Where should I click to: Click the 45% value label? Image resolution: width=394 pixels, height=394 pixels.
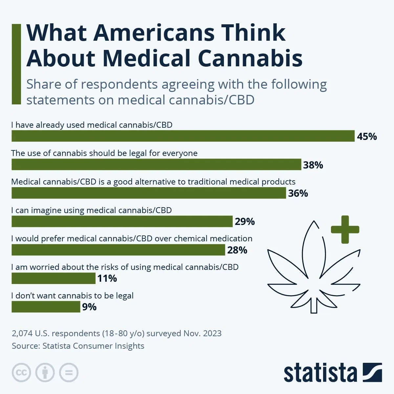tap(367, 136)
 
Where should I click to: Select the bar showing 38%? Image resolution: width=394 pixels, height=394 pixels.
tap(156, 164)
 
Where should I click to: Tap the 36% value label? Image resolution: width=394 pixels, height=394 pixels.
tap(298, 193)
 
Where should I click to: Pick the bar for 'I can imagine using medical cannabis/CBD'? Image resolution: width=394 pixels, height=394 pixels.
tap(122, 222)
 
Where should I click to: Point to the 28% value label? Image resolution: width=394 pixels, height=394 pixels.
tap(237, 250)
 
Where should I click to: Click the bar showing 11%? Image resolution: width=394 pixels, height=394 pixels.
tap(54, 278)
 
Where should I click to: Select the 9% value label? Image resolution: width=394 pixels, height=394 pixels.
tap(89, 307)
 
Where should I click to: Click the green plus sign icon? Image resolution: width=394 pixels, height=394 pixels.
tap(345, 230)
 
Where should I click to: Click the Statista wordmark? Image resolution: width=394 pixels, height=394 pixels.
tap(320, 373)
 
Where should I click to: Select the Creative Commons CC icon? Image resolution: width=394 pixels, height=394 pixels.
tap(21, 373)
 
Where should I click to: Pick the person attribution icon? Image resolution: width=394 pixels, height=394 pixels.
tap(45, 373)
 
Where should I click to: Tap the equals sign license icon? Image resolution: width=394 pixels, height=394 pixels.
tap(69, 373)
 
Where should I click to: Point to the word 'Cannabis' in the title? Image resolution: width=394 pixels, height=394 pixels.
tap(250, 58)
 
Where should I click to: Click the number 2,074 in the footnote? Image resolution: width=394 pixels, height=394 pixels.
tap(22, 334)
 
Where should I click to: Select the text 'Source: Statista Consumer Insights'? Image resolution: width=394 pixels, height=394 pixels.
tap(78, 346)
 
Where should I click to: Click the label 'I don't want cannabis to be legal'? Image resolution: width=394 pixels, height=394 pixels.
tap(72, 295)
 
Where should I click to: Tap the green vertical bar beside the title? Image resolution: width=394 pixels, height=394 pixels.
tap(16, 64)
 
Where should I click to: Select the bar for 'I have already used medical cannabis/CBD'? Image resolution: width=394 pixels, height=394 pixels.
tap(183, 136)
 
